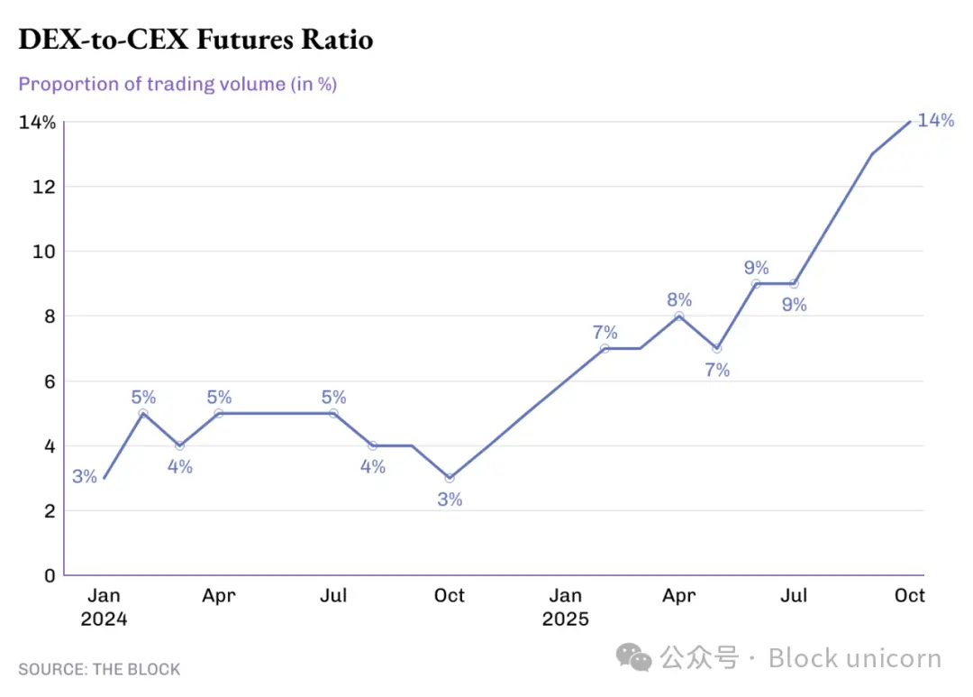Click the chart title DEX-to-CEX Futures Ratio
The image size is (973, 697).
(x=196, y=40)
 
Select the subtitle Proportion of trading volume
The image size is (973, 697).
(x=177, y=84)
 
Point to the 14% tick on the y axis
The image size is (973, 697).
(x=37, y=123)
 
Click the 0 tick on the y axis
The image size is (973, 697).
(x=50, y=575)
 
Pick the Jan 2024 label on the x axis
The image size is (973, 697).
(x=104, y=607)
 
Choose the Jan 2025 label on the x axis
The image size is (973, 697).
(x=565, y=607)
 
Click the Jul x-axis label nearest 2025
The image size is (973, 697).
(x=794, y=595)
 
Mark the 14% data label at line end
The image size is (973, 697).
(x=935, y=121)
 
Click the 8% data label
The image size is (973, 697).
(x=679, y=299)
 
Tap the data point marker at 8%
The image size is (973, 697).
(x=679, y=316)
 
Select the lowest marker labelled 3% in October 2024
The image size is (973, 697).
(x=450, y=478)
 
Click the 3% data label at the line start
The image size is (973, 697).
(x=85, y=477)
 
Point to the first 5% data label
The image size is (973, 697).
(x=143, y=397)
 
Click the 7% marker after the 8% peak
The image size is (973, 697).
(x=717, y=348)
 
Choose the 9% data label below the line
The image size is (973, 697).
(x=794, y=305)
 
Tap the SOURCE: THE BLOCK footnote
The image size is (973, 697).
(x=99, y=669)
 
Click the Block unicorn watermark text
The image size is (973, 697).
(x=854, y=658)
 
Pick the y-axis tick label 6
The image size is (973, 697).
(x=50, y=381)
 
